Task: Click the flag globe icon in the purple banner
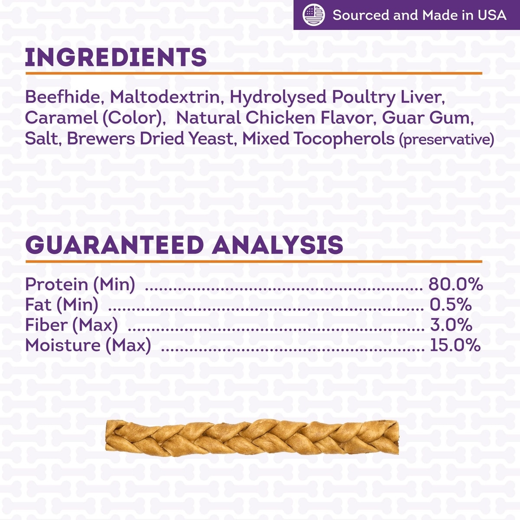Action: coord(314,15)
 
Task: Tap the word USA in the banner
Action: coord(492,15)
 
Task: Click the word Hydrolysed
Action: coord(278,97)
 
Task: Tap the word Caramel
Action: coord(61,118)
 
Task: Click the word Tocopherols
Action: coord(344,139)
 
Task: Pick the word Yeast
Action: coord(212,139)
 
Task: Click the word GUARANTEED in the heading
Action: coord(114,245)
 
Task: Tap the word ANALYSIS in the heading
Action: coord(277,245)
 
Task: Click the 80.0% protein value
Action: coord(455,284)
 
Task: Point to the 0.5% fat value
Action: coord(451,305)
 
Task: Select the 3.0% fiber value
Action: coord(451,325)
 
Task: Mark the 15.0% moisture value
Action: coord(455,345)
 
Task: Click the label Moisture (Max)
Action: coord(88,346)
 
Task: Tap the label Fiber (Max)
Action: coord(71,325)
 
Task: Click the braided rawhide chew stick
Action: coord(252,438)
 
